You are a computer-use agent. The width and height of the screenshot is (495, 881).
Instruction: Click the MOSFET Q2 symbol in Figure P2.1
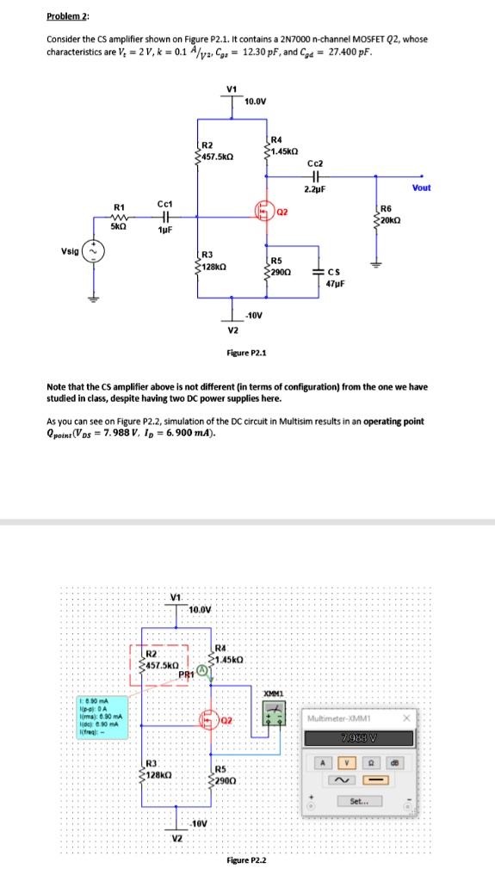pos(263,208)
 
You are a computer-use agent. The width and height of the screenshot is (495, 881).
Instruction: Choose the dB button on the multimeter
pos(395,761)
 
